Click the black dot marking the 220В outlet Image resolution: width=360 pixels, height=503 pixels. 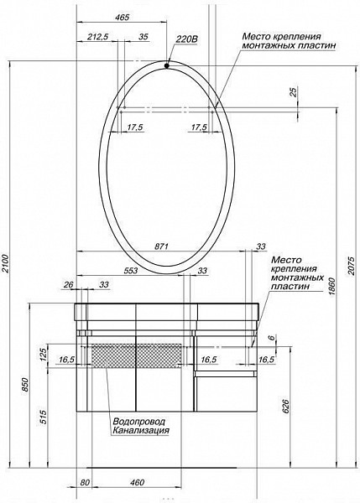(x=168, y=65)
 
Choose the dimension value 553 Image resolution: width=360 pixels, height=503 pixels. (x=130, y=271)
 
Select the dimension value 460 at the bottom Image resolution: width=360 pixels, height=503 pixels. (x=138, y=481)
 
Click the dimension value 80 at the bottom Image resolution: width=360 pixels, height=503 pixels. (x=85, y=481)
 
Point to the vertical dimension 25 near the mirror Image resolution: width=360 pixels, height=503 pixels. (x=291, y=93)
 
